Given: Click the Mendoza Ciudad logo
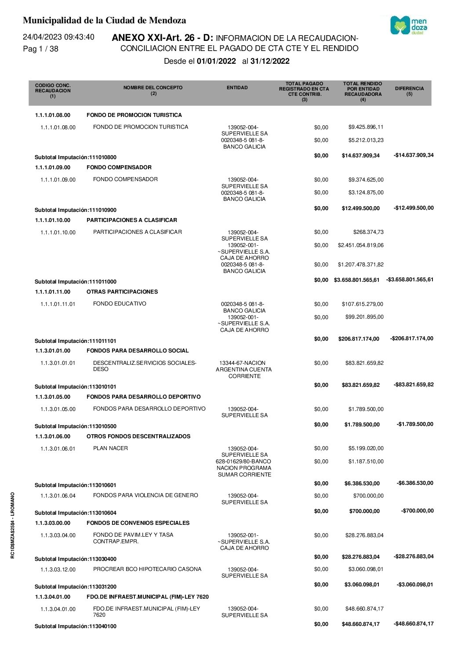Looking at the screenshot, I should point(408,25).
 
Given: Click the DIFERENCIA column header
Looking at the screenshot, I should point(409,91).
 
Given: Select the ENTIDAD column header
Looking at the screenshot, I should point(237,88).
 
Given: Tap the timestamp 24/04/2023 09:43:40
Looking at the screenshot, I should point(58,37).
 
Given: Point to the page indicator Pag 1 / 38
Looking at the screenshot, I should point(40,49).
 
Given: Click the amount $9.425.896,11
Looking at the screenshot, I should point(366,127).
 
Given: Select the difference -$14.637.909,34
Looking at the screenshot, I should point(414,155).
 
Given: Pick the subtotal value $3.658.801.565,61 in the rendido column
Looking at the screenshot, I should point(356,280).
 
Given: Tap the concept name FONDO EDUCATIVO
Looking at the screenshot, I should point(120,304).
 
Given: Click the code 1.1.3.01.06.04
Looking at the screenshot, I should point(58,496).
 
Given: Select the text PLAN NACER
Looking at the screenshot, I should point(110,448).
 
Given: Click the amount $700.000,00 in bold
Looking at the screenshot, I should point(364,511).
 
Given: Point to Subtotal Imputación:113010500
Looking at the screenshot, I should point(76,426).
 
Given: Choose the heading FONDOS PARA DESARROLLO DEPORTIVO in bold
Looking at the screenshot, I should point(143,397).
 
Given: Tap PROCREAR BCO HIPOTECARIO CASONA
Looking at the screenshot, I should point(147,569).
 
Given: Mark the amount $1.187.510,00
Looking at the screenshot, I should point(366,462).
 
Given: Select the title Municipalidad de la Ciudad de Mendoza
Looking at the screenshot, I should point(104,20).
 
